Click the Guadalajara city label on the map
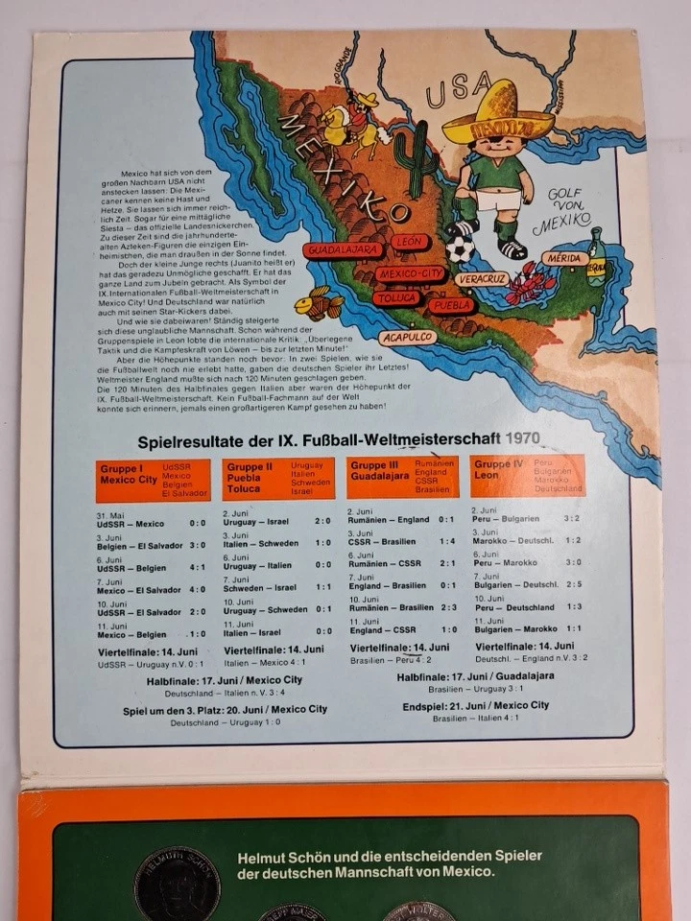(x=343, y=249)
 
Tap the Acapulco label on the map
(x=407, y=338)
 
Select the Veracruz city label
(x=482, y=277)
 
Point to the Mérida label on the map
(x=563, y=257)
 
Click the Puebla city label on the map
(x=450, y=305)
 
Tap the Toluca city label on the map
(x=395, y=298)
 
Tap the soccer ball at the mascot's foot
(x=461, y=248)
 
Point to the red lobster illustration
(x=530, y=282)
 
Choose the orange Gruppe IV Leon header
(x=527, y=475)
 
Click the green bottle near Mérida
(x=597, y=257)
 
